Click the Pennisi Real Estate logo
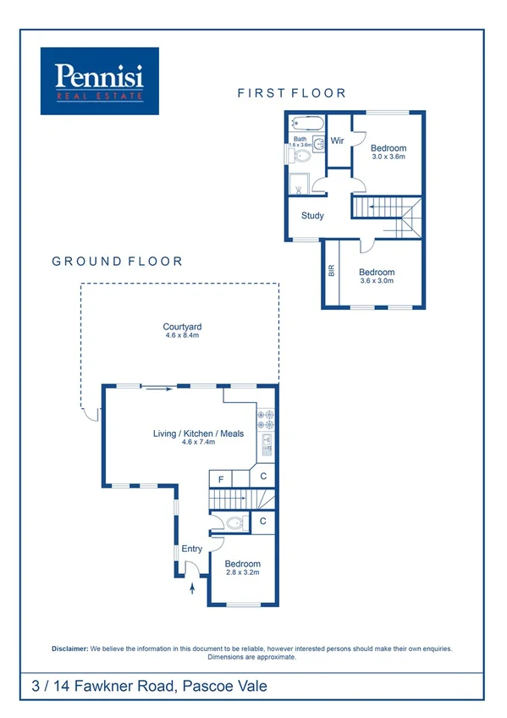pos(100,80)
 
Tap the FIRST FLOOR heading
pos(291,93)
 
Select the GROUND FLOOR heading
pos(117,262)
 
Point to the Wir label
pos(337,141)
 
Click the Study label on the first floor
pos(312,215)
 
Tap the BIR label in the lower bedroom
pos(331,272)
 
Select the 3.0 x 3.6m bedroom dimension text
pos(389,157)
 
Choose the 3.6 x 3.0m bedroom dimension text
pos(377,280)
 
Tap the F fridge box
pos(222,479)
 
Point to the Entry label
pos(191,549)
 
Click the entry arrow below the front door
pos(192,586)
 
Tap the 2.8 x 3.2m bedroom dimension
pos(242,572)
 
